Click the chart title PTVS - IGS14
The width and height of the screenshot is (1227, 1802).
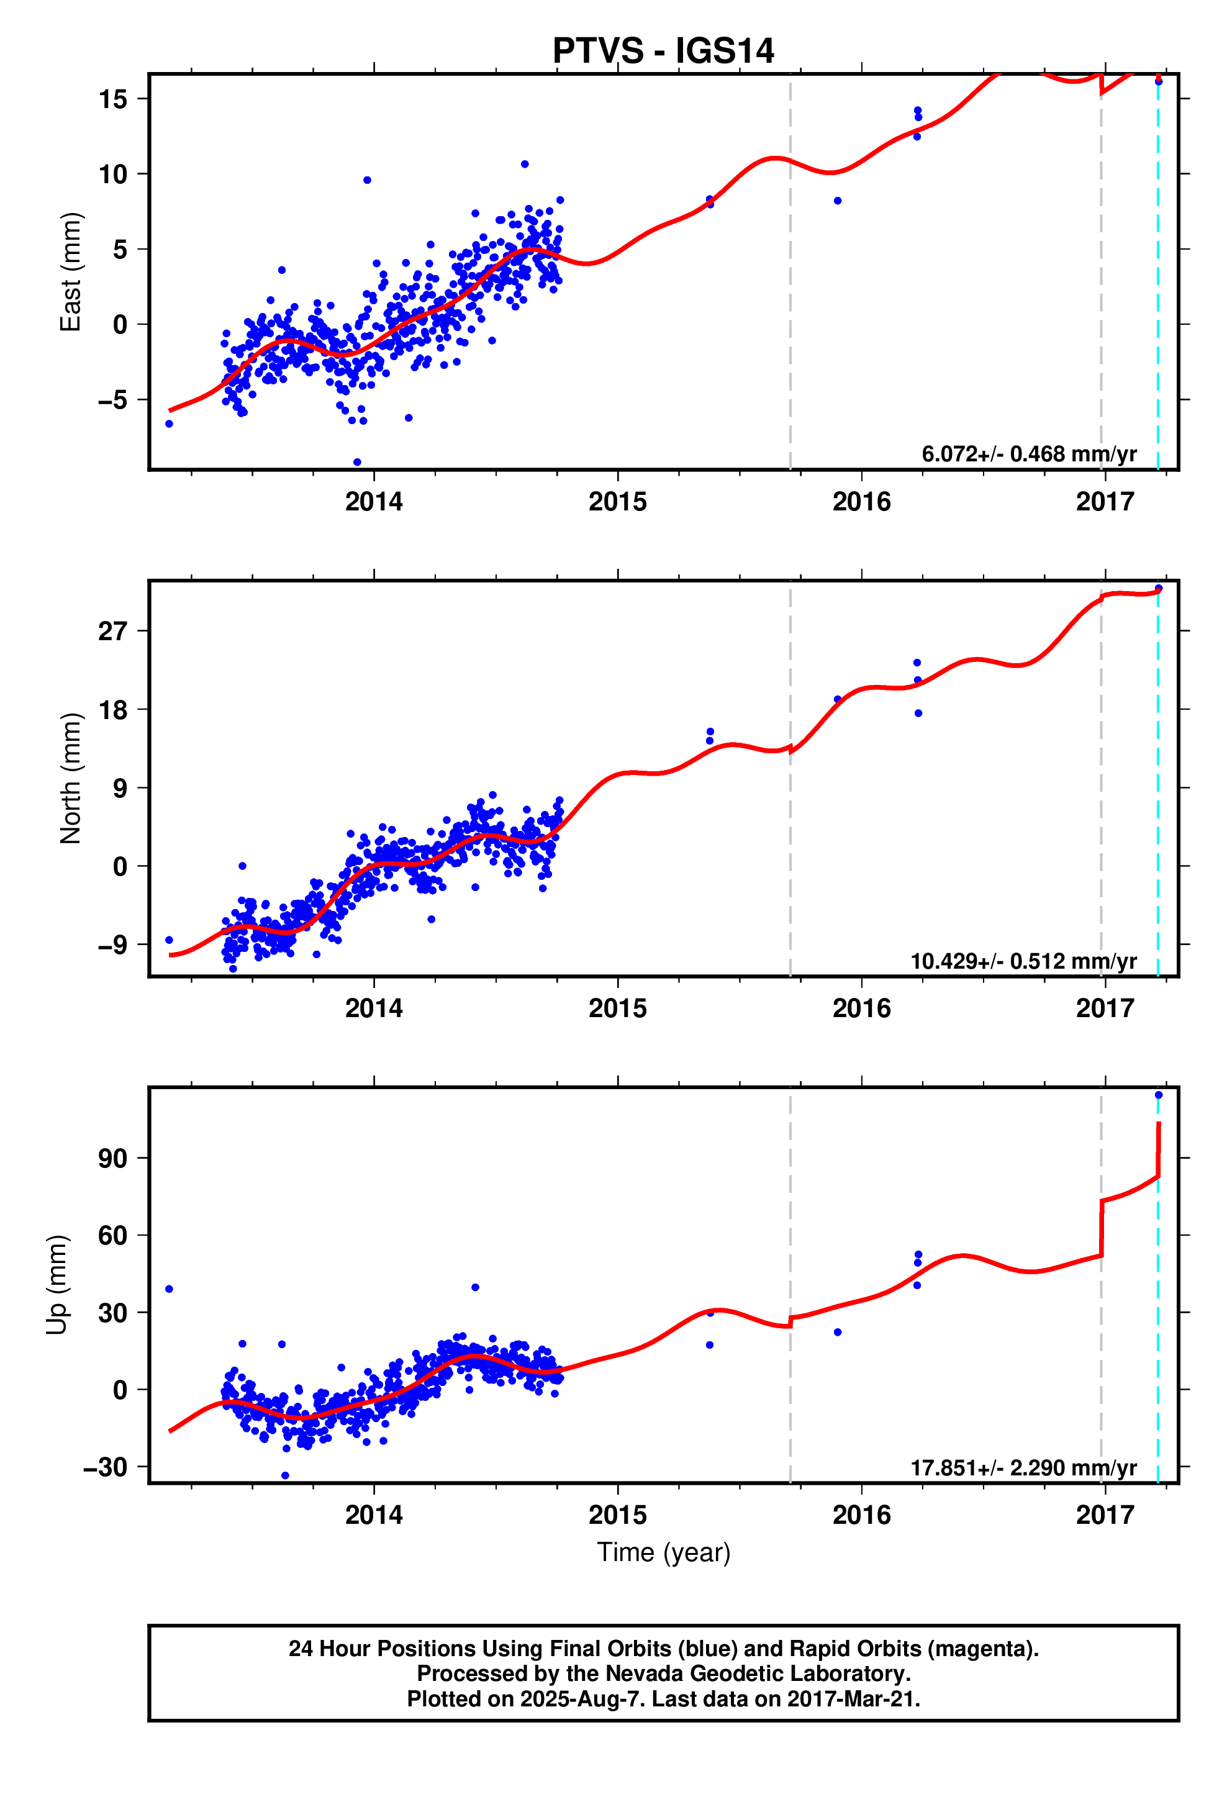(663, 51)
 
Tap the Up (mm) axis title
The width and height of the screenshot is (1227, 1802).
(57, 1285)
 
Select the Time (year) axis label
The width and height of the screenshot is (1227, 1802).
(663, 1552)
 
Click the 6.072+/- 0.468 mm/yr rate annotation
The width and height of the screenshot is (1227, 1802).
(1028, 453)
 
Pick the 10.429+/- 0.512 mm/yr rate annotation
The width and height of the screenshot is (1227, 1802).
(1023, 961)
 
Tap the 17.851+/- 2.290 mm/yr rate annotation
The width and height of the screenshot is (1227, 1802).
(1023, 1468)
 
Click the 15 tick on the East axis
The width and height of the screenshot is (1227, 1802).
(112, 99)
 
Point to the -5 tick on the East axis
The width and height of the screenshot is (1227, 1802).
(111, 400)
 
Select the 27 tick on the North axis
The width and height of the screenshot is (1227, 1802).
(112, 631)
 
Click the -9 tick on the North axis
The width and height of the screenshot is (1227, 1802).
(111, 944)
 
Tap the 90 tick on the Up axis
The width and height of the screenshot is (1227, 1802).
(112, 1159)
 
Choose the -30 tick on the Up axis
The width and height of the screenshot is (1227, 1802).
(105, 1467)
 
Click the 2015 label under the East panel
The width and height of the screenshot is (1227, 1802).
(617, 502)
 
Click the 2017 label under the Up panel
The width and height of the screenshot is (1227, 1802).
(1105, 1514)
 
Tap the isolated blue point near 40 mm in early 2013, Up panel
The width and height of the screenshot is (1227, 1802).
(169, 1288)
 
